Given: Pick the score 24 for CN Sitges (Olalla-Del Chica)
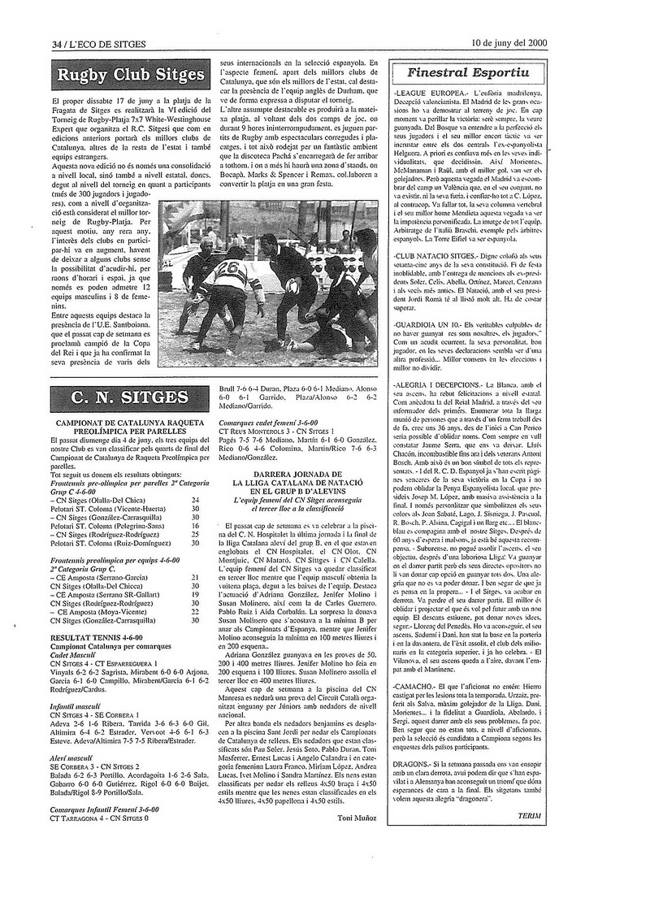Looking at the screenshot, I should [194, 476].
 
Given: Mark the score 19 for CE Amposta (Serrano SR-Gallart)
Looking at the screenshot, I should [194, 595].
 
